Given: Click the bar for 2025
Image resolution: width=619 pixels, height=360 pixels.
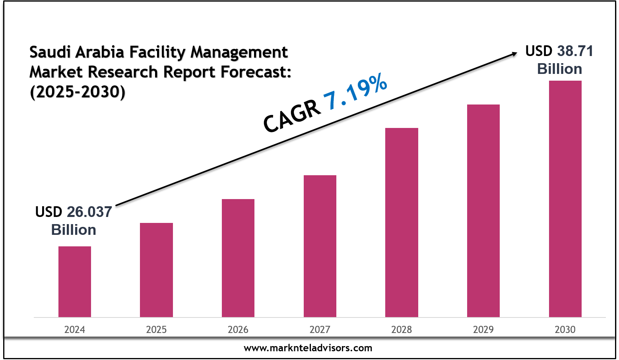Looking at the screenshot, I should [x=156, y=270].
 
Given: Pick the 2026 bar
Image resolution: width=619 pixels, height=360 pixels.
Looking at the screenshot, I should [x=238, y=258].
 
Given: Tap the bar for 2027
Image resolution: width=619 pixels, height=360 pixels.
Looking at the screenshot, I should [x=320, y=246].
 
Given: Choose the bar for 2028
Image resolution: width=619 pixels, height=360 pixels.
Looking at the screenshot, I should [x=402, y=222].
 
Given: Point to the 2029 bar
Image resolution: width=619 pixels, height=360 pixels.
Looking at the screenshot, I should [x=483, y=211].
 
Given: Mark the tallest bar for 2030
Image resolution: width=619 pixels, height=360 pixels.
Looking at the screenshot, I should [x=565, y=199].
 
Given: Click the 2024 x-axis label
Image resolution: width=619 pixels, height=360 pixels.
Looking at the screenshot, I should [x=75, y=329].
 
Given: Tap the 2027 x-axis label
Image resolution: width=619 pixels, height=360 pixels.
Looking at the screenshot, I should [x=320, y=329].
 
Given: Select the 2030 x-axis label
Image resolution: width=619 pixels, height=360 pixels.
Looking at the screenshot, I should [x=565, y=329].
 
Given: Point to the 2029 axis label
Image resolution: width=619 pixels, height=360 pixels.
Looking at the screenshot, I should [x=483, y=329].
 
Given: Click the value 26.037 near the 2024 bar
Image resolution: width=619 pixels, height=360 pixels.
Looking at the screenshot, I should [x=89, y=212].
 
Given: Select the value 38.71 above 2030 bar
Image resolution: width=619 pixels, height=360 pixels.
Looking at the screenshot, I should [x=575, y=51].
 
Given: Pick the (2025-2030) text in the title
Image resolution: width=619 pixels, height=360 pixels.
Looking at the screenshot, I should [x=78, y=92].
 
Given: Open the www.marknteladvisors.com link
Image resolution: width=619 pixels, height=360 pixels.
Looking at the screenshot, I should [x=308, y=348].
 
